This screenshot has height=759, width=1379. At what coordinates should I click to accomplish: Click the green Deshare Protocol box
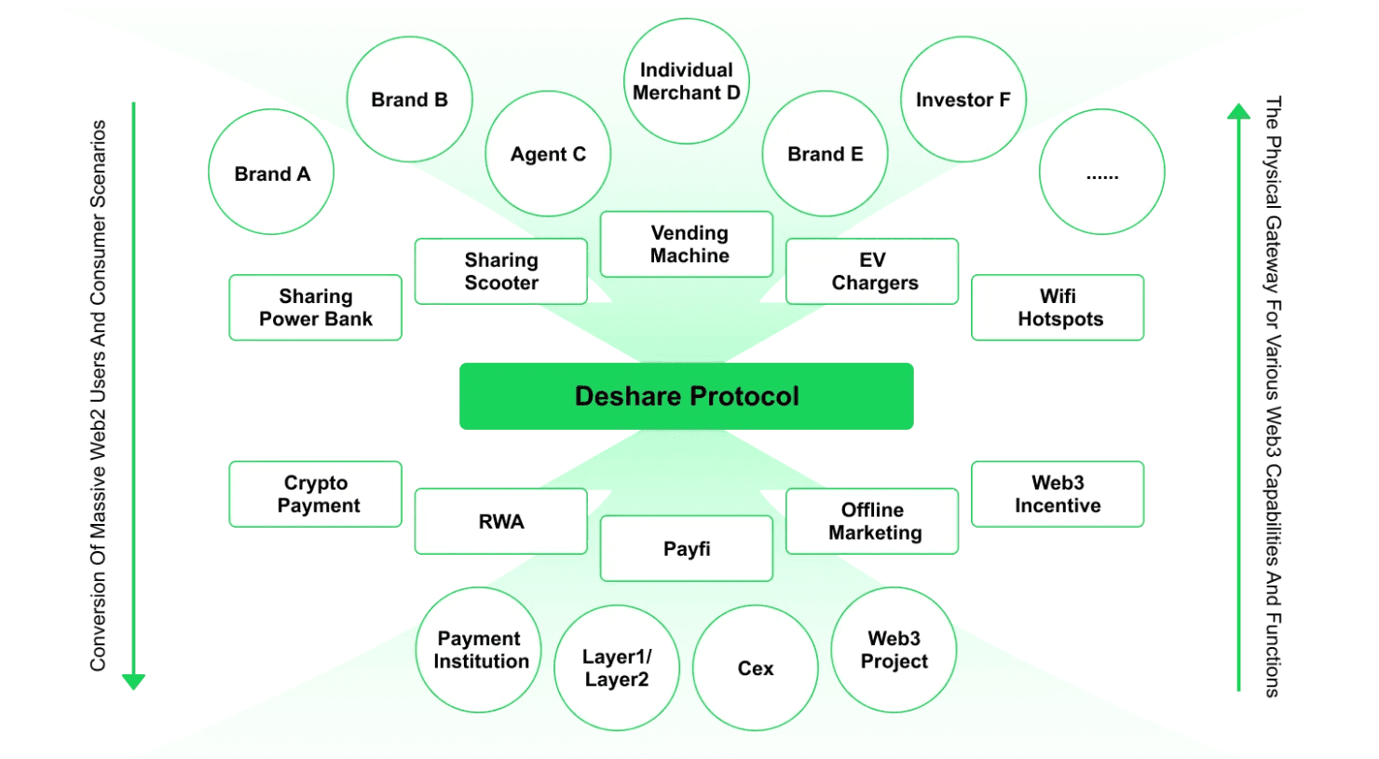pos(686,396)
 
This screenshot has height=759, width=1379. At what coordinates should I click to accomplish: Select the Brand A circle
pos(271,172)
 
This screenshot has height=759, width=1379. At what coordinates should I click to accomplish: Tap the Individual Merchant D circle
pos(687,81)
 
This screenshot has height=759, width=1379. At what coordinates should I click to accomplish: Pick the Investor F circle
pos(963,100)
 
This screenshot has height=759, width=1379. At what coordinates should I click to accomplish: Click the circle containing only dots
pos(1101,172)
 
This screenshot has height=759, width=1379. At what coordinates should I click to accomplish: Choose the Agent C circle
pos(548,154)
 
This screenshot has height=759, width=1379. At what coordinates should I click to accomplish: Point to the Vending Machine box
pos(687,244)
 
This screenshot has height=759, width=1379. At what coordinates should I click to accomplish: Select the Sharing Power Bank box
pos(316,308)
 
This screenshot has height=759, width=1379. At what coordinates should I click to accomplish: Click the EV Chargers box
pos(872,271)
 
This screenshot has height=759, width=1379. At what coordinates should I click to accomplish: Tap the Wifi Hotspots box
pos(1058,308)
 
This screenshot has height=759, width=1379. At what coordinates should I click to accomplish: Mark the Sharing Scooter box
pos(501,271)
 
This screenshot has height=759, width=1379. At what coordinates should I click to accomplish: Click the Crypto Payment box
pos(316,494)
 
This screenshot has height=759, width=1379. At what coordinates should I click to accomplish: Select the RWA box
pos(501,521)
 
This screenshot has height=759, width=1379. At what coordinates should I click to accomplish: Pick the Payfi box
pos(687,548)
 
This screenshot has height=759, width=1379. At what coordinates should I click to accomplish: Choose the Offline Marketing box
pos(872,521)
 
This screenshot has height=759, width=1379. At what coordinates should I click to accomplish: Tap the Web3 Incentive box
pos(1058,494)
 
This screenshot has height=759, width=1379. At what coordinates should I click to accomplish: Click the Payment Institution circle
pos(479,650)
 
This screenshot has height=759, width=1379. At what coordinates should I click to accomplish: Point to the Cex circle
pos(756,669)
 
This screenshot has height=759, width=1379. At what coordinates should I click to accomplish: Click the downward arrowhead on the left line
pos(134,682)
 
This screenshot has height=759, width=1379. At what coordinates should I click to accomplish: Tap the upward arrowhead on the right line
pos(1238,112)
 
